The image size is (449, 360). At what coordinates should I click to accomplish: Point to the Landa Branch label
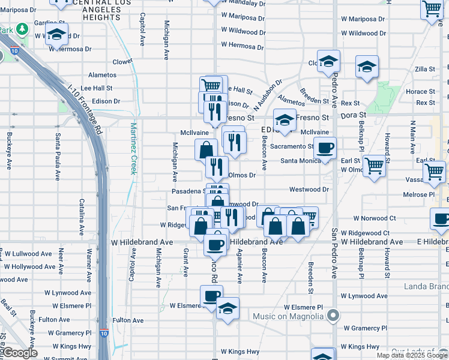[426, 286]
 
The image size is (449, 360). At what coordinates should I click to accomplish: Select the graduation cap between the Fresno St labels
[285, 119]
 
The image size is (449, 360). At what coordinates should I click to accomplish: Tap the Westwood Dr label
[310, 190]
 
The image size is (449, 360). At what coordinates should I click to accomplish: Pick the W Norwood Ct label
[375, 218]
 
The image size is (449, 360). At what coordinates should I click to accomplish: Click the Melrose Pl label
[419, 194]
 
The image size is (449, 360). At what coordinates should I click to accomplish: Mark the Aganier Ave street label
[239, 266]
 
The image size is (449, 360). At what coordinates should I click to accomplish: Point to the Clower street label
[122, 61]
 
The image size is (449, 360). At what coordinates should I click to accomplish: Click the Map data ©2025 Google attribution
[412, 355]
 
